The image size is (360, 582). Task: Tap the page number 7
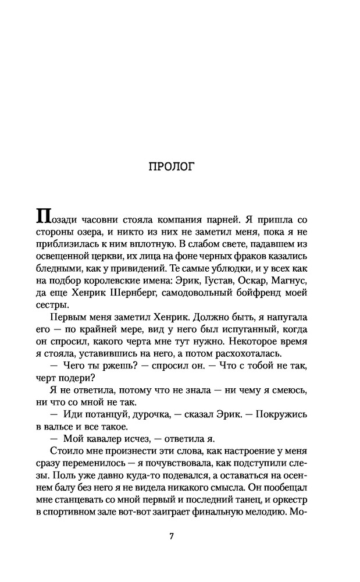point(172,536)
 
